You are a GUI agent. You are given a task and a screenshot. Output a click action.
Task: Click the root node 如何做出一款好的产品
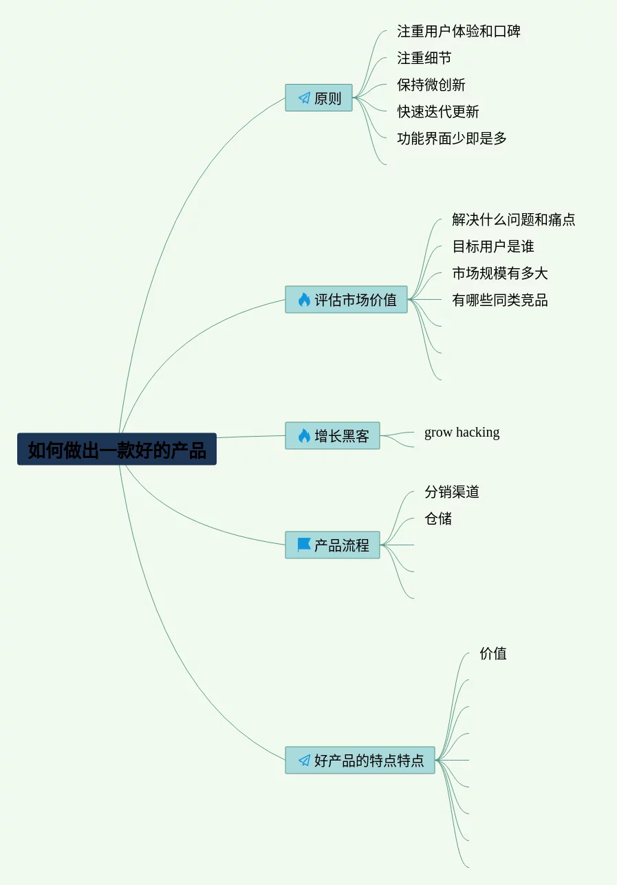[117, 450]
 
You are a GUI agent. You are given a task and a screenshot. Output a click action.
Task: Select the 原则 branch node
[318, 98]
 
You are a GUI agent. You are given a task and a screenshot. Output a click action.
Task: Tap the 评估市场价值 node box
[346, 300]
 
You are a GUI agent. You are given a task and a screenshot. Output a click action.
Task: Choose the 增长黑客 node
[332, 436]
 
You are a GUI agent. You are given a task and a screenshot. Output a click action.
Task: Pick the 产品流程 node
[332, 545]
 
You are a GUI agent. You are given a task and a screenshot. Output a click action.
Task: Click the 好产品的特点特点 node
[360, 761]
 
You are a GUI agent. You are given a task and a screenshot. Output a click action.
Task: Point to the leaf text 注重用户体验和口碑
[459, 32]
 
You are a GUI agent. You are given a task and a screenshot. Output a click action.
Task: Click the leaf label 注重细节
[424, 58]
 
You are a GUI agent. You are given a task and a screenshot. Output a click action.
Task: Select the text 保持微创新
[431, 85]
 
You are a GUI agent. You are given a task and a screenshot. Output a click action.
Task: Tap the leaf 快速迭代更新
[438, 112]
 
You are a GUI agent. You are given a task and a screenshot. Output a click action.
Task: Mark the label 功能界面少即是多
[452, 139]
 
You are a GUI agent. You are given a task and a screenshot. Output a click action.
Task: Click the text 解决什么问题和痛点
[514, 220]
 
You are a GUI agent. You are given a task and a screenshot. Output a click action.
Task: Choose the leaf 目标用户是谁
[493, 247]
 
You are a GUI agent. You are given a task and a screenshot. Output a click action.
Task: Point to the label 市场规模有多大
[500, 274]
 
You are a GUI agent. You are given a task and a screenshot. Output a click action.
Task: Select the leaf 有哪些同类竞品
[500, 301]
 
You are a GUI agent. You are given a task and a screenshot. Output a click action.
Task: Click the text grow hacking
[462, 433]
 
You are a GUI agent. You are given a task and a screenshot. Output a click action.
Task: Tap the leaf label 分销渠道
[452, 492]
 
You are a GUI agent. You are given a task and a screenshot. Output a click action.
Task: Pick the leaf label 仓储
[438, 519]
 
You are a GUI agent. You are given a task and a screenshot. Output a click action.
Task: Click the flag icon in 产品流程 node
[304, 545]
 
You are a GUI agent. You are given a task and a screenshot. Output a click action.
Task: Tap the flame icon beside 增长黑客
[304, 436]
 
